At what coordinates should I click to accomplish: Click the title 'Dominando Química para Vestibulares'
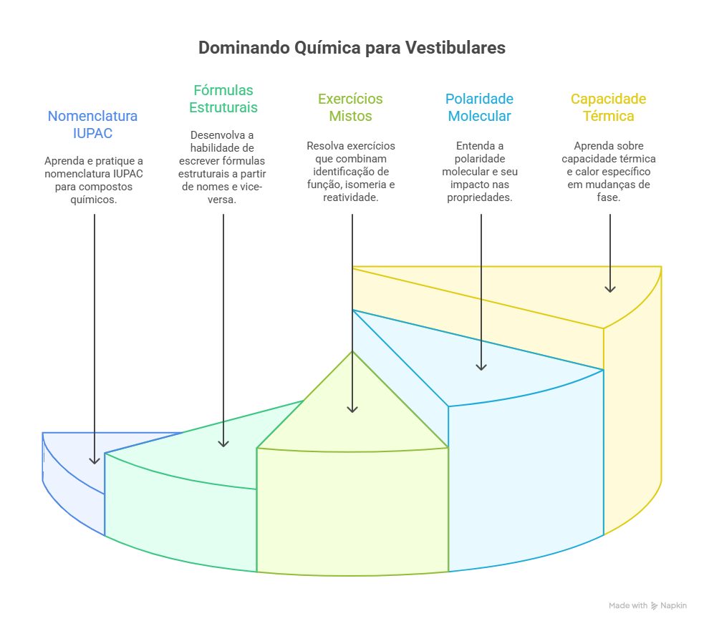[x=352, y=48]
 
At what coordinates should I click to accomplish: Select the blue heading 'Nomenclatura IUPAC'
[x=92, y=124]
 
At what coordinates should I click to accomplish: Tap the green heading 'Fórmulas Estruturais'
[x=223, y=99]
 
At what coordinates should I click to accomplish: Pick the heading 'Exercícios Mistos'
[x=350, y=107]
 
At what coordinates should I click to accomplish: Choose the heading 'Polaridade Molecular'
[x=479, y=107]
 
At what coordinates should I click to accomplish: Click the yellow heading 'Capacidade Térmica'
[x=608, y=107]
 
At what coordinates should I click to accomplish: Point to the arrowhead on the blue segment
[x=95, y=460]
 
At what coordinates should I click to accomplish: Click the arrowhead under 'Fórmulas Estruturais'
[x=223, y=443]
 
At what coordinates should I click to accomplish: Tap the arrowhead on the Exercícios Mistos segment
[x=352, y=409]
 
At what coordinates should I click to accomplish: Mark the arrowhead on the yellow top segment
[x=610, y=288]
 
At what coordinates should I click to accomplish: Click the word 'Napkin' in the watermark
[x=673, y=606]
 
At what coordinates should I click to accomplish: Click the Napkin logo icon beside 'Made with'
[x=655, y=606]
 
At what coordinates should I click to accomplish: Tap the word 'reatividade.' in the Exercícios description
[x=351, y=197]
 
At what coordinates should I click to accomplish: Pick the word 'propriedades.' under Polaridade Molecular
[x=480, y=197]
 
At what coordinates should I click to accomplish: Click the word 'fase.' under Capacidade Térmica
[x=608, y=197]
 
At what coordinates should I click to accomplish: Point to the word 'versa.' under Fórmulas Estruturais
[x=223, y=200]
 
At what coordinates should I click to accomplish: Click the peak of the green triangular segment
[x=352, y=352]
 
